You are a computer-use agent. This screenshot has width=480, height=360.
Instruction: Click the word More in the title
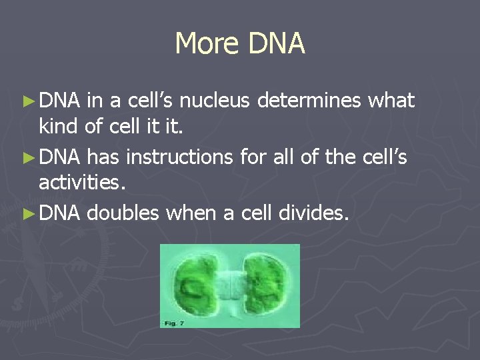click(207, 44)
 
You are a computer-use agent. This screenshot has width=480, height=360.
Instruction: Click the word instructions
click(178, 157)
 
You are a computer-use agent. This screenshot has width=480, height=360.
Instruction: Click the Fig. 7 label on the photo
click(171, 322)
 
